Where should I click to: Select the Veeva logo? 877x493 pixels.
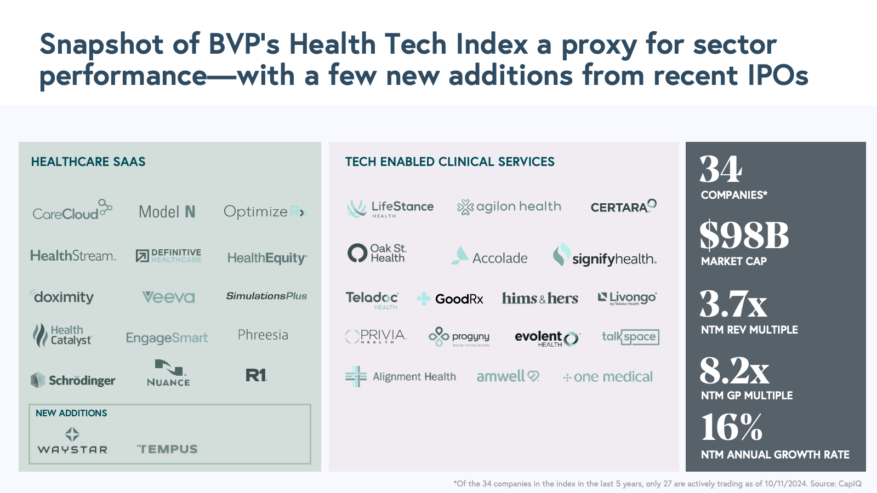tap(168, 297)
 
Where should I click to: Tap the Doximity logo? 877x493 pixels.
tap(62, 297)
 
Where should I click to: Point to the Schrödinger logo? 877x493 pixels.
tap(73, 380)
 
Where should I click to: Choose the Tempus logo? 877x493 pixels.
tap(167, 449)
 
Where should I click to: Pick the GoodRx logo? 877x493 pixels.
tap(450, 299)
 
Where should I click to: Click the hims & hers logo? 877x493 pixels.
tap(540, 299)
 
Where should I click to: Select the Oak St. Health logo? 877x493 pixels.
tap(378, 253)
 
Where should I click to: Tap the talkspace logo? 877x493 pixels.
tap(630, 336)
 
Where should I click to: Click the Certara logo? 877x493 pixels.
tap(623, 207)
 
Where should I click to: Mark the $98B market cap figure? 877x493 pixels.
tap(744, 236)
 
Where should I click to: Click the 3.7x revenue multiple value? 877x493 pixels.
tap(733, 305)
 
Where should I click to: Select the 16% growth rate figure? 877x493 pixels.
tap(732, 427)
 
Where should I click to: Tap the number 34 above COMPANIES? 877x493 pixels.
tap(721, 169)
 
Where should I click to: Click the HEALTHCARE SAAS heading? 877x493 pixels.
tap(88, 162)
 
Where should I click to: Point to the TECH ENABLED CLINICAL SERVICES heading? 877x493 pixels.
tap(449, 162)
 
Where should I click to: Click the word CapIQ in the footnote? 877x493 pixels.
tap(850, 484)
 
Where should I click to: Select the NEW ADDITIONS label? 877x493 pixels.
tap(71, 413)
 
